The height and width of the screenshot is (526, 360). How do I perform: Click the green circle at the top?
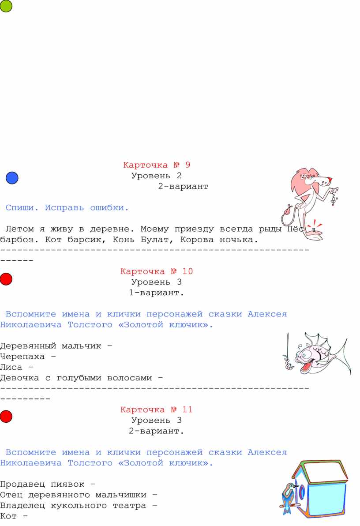tap(6, 6)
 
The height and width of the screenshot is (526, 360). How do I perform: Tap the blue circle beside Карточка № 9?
tap(12, 178)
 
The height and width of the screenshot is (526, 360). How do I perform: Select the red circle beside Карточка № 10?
tap(6, 279)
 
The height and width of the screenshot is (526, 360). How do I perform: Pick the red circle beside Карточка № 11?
tap(6, 416)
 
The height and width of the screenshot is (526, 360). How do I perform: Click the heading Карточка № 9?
tap(157, 165)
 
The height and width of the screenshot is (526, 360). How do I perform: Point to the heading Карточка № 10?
tap(157, 271)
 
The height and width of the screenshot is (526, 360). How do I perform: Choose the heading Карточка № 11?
tap(157, 409)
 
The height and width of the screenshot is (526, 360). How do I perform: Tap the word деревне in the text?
tap(112, 229)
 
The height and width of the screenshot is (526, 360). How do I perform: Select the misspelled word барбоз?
tap(19, 240)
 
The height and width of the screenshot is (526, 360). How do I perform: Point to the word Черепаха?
tap(22, 356)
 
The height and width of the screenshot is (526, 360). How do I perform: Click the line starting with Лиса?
tap(17, 367)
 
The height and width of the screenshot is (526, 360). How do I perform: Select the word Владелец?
tap(22, 506)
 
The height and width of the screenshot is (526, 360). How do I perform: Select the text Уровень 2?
tap(157, 176)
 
